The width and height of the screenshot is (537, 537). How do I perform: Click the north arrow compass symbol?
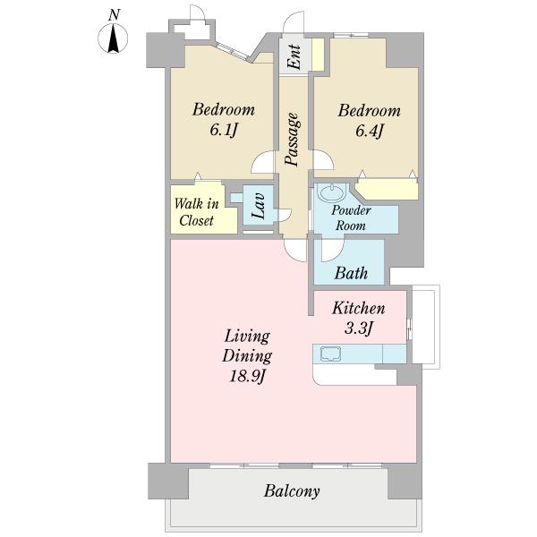tap(113, 38)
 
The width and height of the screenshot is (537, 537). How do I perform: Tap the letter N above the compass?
tap(114, 15)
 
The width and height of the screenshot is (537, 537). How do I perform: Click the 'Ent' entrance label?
tap(294, 57)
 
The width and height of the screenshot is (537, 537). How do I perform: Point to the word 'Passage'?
tap(292, 140)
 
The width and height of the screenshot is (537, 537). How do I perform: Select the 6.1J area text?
tap(223, 130)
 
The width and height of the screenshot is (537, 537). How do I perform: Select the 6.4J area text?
tap(369, 131)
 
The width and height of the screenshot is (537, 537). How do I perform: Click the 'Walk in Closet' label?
tap(197, 212)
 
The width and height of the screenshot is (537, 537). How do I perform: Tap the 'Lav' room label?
tap(259, 206)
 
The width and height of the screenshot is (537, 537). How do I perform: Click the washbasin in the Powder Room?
tap(331, 192)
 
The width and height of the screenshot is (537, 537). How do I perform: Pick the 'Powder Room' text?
tap(351, 217)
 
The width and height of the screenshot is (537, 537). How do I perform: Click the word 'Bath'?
tap(351, 273)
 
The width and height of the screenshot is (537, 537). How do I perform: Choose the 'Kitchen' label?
tap(359, 308)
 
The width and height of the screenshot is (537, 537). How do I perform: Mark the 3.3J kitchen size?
tap(358, 328)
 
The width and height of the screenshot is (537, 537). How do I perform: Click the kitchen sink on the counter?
tap(330, 354)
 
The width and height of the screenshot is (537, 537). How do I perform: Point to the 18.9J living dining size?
tap(247, 377)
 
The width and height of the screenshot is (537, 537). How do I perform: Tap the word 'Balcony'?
tap(292, 491)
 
